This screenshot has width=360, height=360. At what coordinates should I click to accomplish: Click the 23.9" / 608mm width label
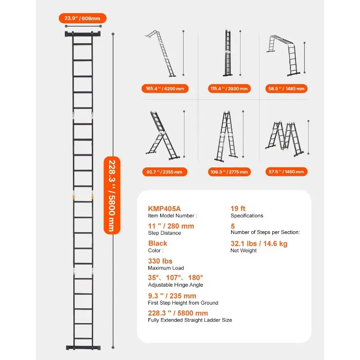tap(82, 18)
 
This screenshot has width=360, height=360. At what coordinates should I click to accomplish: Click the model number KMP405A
tap(164, 208)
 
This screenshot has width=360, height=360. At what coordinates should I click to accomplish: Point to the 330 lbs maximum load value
tap(160, 261)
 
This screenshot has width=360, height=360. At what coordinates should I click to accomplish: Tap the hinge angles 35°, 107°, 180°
tap(175, 278)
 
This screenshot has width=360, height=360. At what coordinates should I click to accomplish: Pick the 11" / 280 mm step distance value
tap(171, 226)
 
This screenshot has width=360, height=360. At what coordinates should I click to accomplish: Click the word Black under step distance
tap(157, 243)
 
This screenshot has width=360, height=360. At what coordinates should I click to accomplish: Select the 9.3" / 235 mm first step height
tap(172, 296)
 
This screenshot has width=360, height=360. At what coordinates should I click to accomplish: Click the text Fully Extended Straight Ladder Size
tap(190, 320)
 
